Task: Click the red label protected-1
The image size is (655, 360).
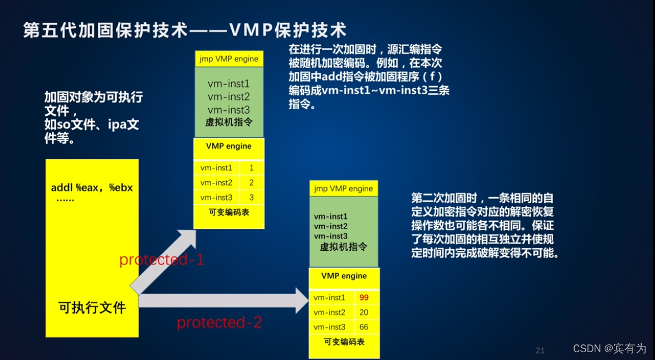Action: point(162,260)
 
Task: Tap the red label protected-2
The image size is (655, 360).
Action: point(219,322)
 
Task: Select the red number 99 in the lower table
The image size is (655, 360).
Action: point(364,298)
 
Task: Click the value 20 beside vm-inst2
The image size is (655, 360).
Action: point(364,313)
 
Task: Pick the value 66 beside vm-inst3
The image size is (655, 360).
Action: point(364,327)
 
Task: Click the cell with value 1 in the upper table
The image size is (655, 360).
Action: point(251,168)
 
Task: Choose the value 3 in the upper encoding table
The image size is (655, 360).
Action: point(251,197)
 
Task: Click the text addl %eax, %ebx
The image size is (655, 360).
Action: point(92,188)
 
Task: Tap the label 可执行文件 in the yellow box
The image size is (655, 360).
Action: point(92,307)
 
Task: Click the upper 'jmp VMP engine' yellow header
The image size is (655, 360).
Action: point(228,59)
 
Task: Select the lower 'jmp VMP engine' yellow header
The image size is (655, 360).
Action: point(343,188)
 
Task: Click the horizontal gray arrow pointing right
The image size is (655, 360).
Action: point(223,301)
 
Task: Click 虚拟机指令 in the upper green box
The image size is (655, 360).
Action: point(228,122)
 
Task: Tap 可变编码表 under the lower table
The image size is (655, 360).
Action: point(344,342)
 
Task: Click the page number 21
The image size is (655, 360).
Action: point(540,351)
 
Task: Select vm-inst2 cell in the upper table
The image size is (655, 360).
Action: point(216,183)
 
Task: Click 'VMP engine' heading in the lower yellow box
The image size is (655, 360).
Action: point(344,276)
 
